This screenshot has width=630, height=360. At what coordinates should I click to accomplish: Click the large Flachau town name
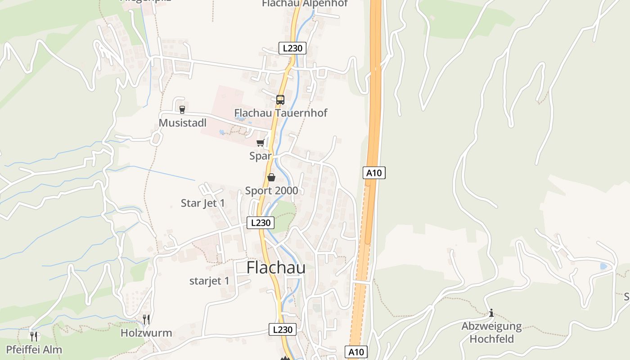[276, 267]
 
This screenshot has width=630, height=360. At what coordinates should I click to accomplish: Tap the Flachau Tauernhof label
[280, 112]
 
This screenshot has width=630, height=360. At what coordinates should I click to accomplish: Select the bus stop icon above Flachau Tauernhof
[280, 99]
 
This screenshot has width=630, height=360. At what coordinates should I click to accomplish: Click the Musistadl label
[182, 123]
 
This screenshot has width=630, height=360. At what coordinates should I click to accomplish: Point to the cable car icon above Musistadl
[182, 109]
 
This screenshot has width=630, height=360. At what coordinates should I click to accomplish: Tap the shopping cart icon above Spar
[260, 143]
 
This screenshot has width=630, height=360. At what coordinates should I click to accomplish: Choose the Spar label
[260, 156]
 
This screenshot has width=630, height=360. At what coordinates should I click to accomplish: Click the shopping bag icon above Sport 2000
[271, 177]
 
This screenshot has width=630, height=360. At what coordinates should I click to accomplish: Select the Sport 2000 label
[271, 190]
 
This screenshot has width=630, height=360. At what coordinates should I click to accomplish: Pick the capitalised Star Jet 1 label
[202, 203]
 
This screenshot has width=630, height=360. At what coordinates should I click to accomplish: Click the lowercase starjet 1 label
[209, 281]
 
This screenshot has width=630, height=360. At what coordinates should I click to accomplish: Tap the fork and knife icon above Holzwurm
[146, 319]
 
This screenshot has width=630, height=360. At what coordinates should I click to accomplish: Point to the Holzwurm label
[146, 333]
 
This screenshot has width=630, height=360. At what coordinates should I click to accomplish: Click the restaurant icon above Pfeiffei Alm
[34, 336]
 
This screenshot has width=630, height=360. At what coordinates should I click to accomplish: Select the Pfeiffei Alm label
[34, 350]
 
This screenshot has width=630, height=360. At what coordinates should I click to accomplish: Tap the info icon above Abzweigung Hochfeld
[491, 313]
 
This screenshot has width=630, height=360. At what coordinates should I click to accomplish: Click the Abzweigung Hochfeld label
[491, 332]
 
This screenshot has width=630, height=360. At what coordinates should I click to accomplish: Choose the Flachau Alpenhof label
[305, 4]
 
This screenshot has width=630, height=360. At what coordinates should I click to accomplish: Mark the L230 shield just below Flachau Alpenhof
[292, 48]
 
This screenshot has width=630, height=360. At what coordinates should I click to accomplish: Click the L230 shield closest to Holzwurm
[283, 329]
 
